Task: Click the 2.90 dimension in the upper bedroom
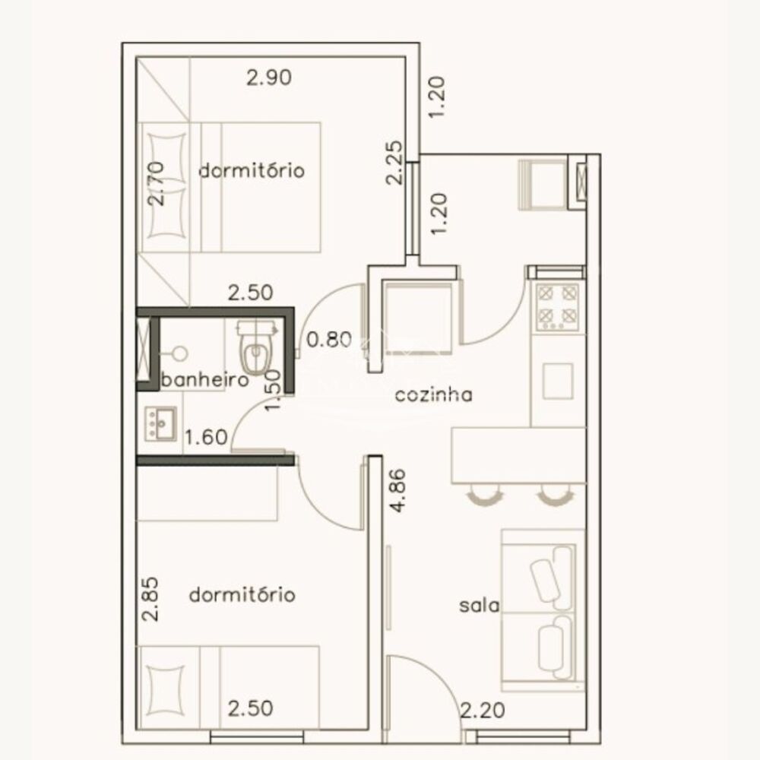270,77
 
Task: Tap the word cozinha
433,394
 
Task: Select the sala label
479,606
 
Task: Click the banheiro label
206,380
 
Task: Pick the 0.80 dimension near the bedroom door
328,340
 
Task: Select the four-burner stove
558,306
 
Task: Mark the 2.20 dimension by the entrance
483,712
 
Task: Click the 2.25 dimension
394,164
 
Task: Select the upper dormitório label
252,170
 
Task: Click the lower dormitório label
242,594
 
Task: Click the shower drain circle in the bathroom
179,353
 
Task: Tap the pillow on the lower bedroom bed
165,690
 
